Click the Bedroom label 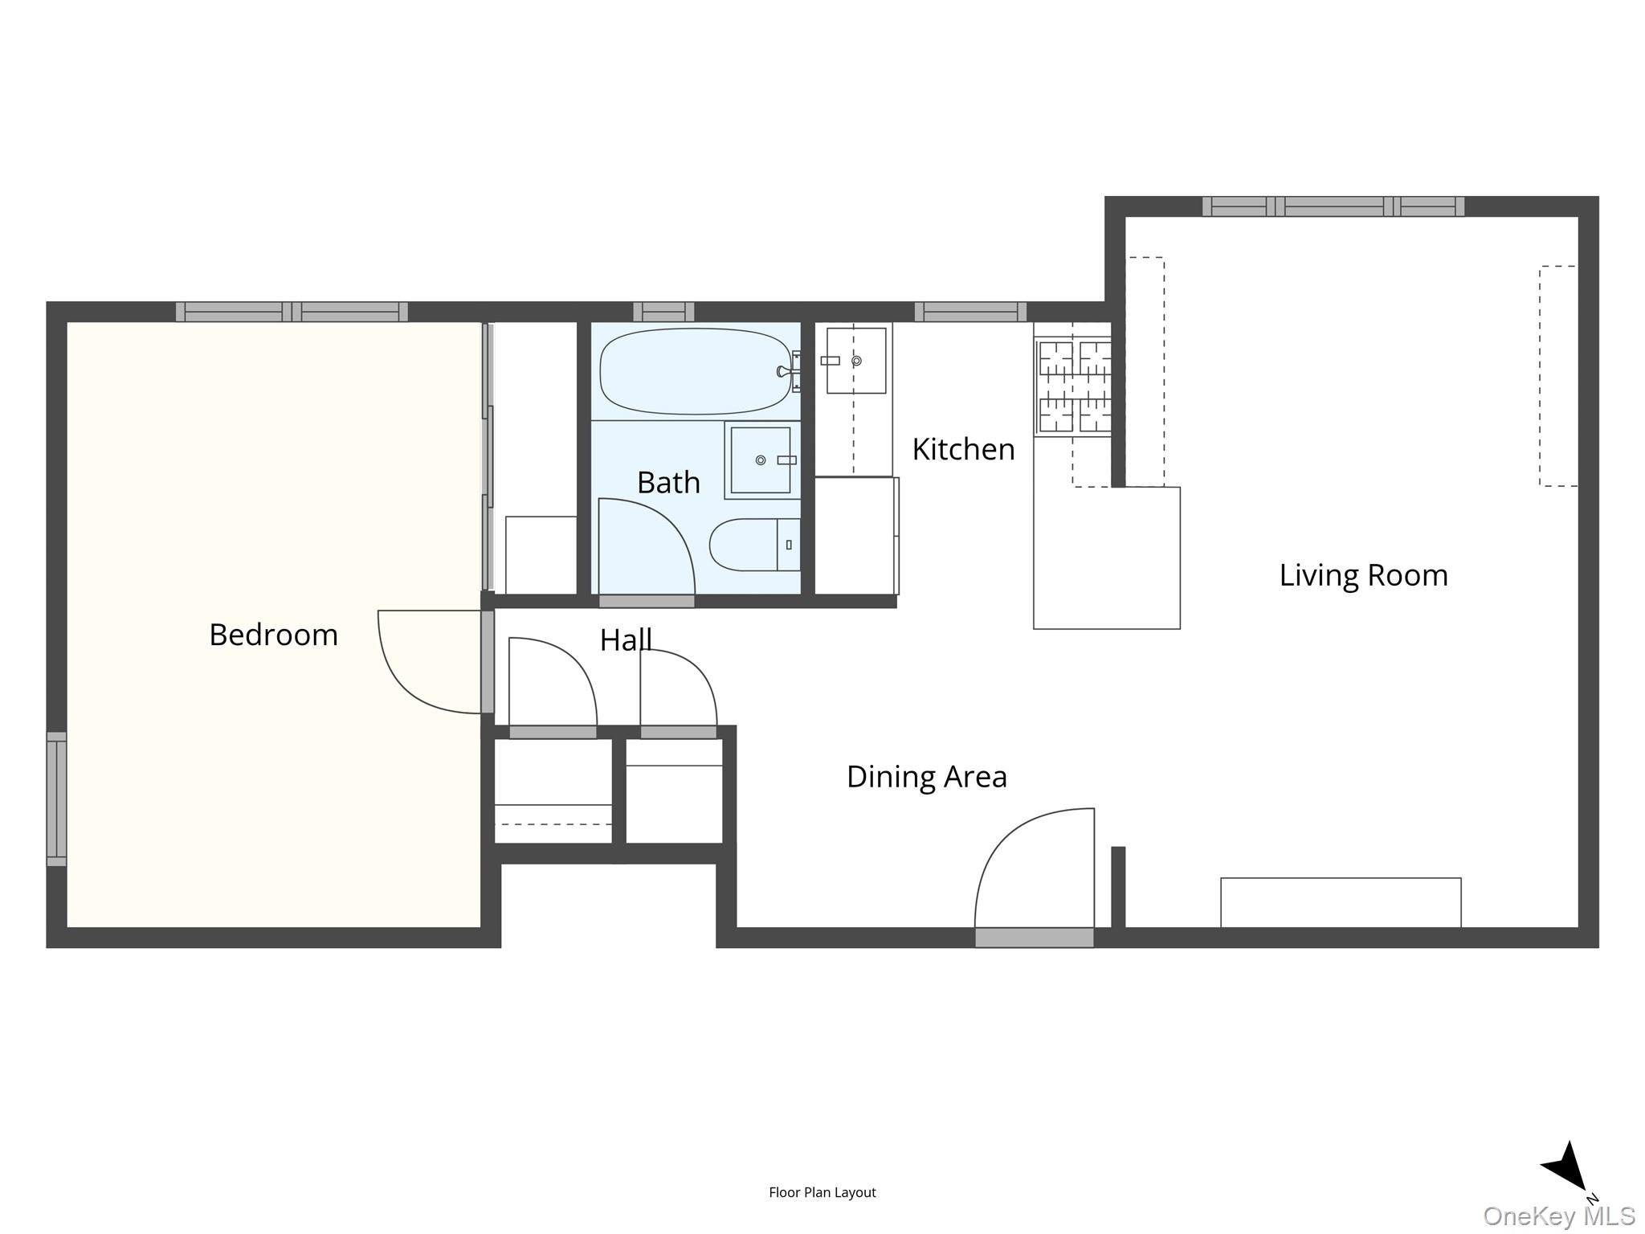(x=273, y=635)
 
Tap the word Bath (x=668, y=483)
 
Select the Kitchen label (x=963, y=449)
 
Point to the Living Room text (x=1363, y=575)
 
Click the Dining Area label (x=926, y=777)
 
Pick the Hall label (x=625, y=639)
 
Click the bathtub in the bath (x=695, y=371)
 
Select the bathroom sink (x=761, y=460)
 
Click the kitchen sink (x=856, y=361)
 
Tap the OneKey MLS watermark (x=1558, y=1216)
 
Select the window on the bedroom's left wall (x=56, y=799)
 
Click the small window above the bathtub (x=663, y=312)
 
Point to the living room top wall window (x=1333, y=206)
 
